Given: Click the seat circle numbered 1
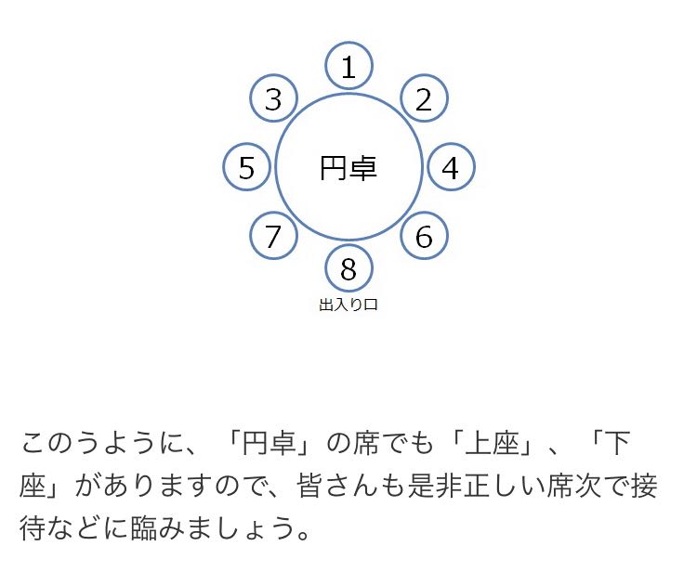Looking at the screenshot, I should [x=348, y=66].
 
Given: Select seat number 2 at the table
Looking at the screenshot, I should [x=424, y=98].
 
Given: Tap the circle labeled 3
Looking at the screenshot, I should [x=273, y=98].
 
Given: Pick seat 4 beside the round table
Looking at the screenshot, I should [x=451, y=168].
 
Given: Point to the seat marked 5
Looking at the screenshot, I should [x=246, y=168].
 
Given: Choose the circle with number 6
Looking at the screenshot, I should [x=424, y=237].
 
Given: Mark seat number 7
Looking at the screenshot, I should [x=273, y=237].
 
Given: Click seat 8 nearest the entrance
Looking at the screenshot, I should [x=348, y=269].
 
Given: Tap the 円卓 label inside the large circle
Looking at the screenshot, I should [x=348, y=168].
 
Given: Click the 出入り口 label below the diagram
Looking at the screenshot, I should [x=348, y=305].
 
